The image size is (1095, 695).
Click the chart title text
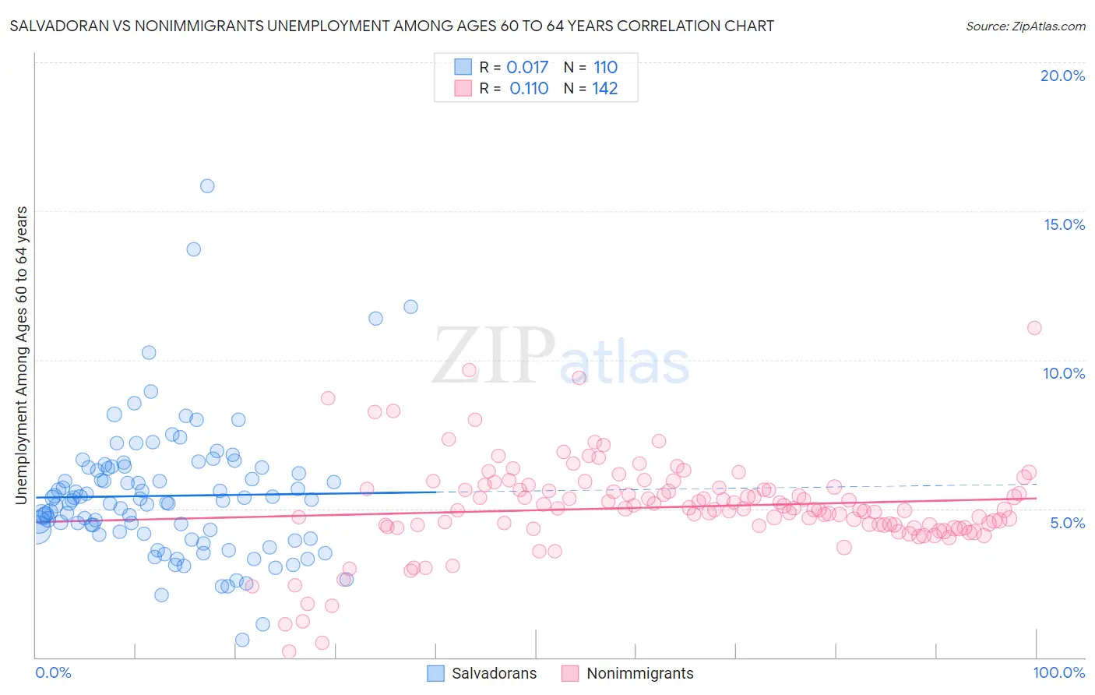coord(392,26)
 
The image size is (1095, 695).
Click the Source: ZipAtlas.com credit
coord(1025,26)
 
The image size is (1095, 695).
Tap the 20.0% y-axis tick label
coord(1062,76)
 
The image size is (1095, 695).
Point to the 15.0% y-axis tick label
coord(1064,224)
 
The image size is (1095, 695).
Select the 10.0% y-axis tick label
coord(1064,373)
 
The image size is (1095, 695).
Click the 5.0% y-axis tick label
coord(1067,523)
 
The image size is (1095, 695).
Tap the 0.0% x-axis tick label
coord(53,672)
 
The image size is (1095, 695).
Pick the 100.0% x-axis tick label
coord(1058,672)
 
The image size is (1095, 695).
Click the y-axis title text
coord(22,355)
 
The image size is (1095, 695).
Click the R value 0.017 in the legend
coord(527,68)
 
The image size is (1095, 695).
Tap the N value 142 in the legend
coord(605,89)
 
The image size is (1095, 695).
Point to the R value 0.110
coord(529,89)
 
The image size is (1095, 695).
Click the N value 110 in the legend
coord(605,68)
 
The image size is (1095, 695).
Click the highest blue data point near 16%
coord(207,185)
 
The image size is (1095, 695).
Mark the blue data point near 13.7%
coord(193,249)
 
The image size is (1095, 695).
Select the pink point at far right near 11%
coord(1034,328)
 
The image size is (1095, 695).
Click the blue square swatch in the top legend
coord(463,67)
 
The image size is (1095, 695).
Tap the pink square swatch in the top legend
coord(463,88)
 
